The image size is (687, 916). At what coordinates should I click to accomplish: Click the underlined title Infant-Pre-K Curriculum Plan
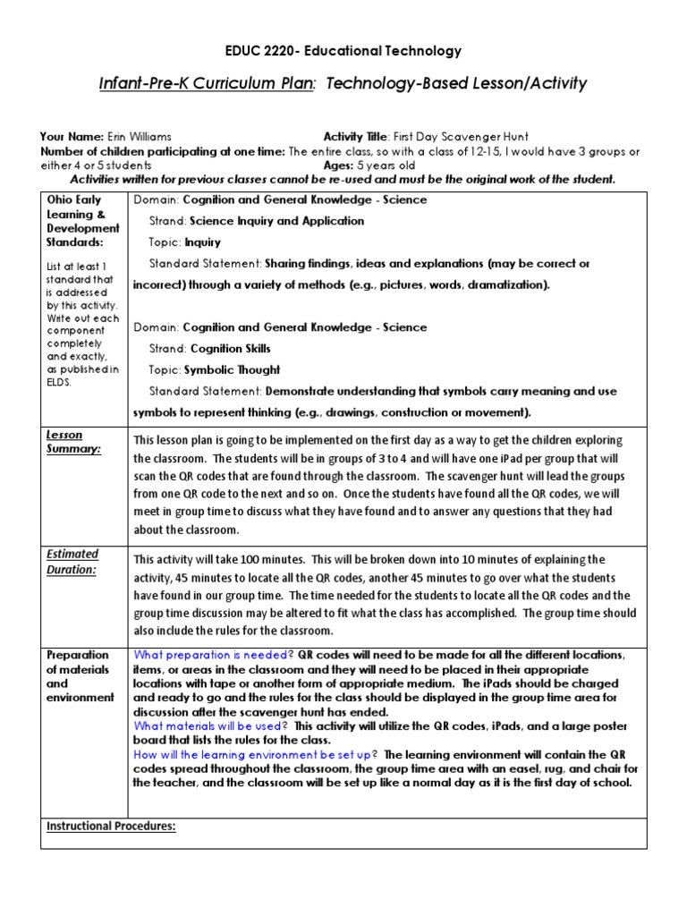(x=207, y=84)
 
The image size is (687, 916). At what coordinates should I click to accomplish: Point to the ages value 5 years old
(x=386, y=165)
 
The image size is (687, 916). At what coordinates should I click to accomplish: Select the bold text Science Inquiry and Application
(x=276, y=221)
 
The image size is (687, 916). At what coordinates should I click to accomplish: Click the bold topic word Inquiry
(x=205, y=242)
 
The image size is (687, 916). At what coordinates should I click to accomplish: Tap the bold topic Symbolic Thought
(x=232, y=370)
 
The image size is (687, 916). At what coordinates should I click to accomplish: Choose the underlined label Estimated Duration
(x=72, y=561)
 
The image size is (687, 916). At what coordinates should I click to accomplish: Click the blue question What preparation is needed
(x=210, y=655)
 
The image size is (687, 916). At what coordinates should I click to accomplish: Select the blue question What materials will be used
(x=209, y=725)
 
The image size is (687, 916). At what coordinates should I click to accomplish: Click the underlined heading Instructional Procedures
(x=111, y=827)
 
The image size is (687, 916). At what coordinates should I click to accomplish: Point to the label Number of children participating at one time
(x=162, y=150)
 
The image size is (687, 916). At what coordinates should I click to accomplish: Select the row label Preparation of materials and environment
(x=81, y=675)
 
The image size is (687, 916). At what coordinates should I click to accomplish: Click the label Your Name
(x=71, y=136)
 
